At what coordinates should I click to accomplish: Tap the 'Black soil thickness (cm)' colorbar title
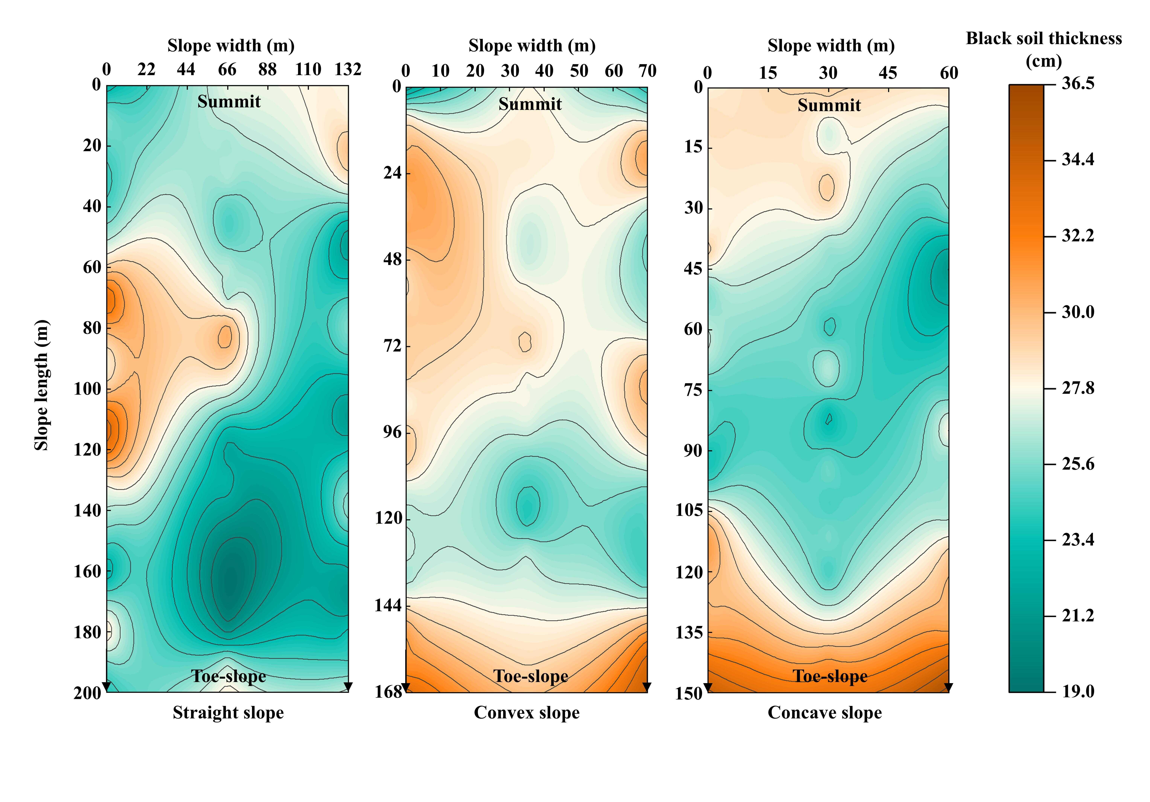point(1044,49)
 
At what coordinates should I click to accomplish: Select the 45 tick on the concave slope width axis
point(888,73)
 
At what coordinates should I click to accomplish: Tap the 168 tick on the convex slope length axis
point(389,692)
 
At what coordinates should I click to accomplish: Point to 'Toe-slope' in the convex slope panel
point(531,676)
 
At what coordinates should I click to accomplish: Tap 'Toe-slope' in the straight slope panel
point(228,676)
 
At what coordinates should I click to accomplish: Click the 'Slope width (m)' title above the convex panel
point(532,46)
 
